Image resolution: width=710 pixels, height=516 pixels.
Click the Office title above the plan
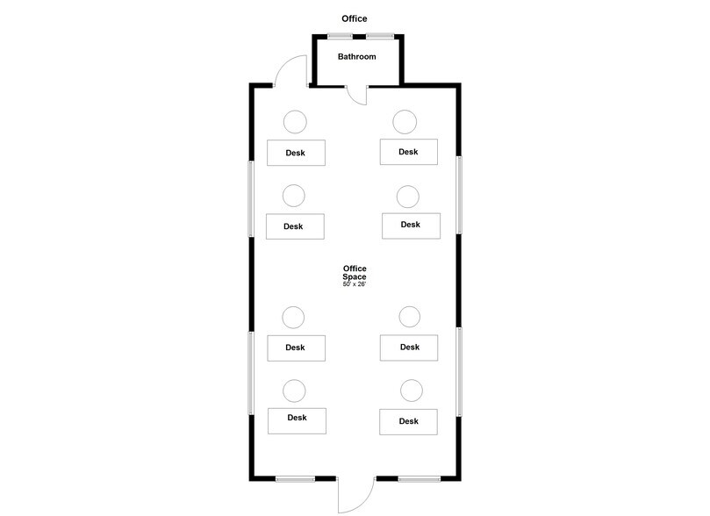tap(354, 18)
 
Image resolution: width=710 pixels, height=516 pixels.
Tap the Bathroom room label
tap(357, 56)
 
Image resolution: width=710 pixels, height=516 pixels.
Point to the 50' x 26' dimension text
tap(354, 284)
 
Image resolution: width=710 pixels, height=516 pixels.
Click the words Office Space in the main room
tap(355, 273)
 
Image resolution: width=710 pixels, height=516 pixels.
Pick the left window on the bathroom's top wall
tap(340, 36)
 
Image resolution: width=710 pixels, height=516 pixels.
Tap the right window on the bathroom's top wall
tap(379, 36)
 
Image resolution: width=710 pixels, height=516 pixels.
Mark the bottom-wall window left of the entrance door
tap(295, 478)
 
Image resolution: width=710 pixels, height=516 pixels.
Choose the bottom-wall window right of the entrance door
tap(419, 478)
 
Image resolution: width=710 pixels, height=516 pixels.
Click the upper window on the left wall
tap(250, 198)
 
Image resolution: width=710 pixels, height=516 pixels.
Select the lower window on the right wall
tap(459, 371)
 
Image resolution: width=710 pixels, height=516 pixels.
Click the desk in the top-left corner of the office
tap(296, 153)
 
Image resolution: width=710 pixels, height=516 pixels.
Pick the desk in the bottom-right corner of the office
tap(408, 422)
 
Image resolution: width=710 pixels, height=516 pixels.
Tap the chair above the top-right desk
tap(405, 122)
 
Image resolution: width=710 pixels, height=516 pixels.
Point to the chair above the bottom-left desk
tap(294, 391)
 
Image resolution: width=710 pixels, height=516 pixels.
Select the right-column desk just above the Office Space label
tap(411, 226)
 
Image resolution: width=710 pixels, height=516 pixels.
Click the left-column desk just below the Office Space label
tap(296, 348)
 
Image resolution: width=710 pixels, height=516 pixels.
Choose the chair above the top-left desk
tap(295, 122)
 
